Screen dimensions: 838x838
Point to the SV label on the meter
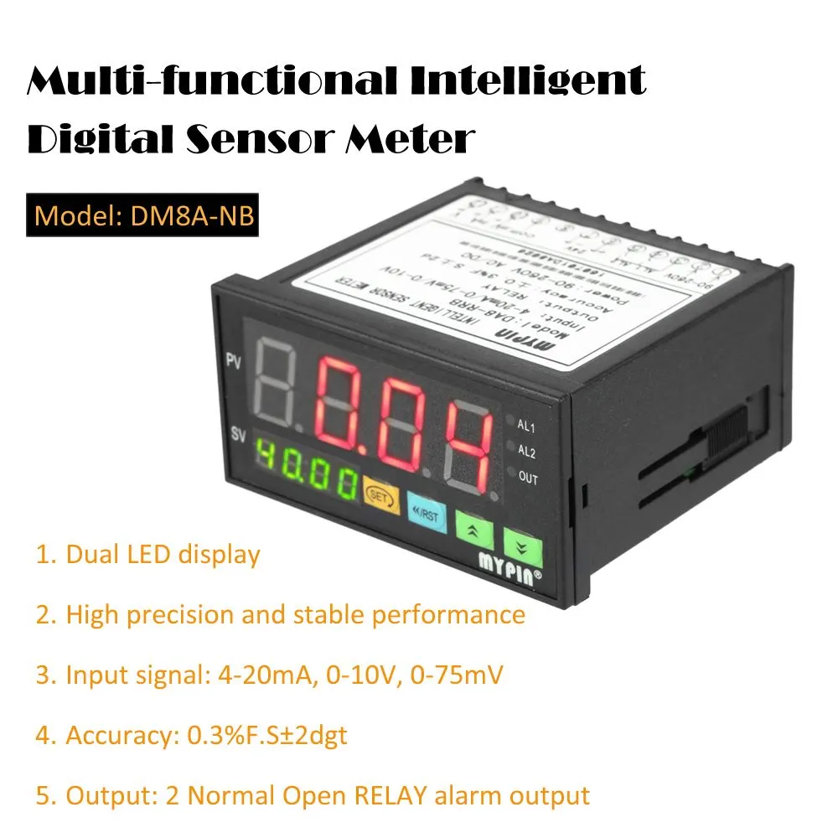(x=236, y=436)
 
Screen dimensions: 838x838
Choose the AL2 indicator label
(x=526, y=453)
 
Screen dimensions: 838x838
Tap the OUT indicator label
(x=528, y=478)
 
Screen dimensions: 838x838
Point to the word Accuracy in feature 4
(x=117, y=735)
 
